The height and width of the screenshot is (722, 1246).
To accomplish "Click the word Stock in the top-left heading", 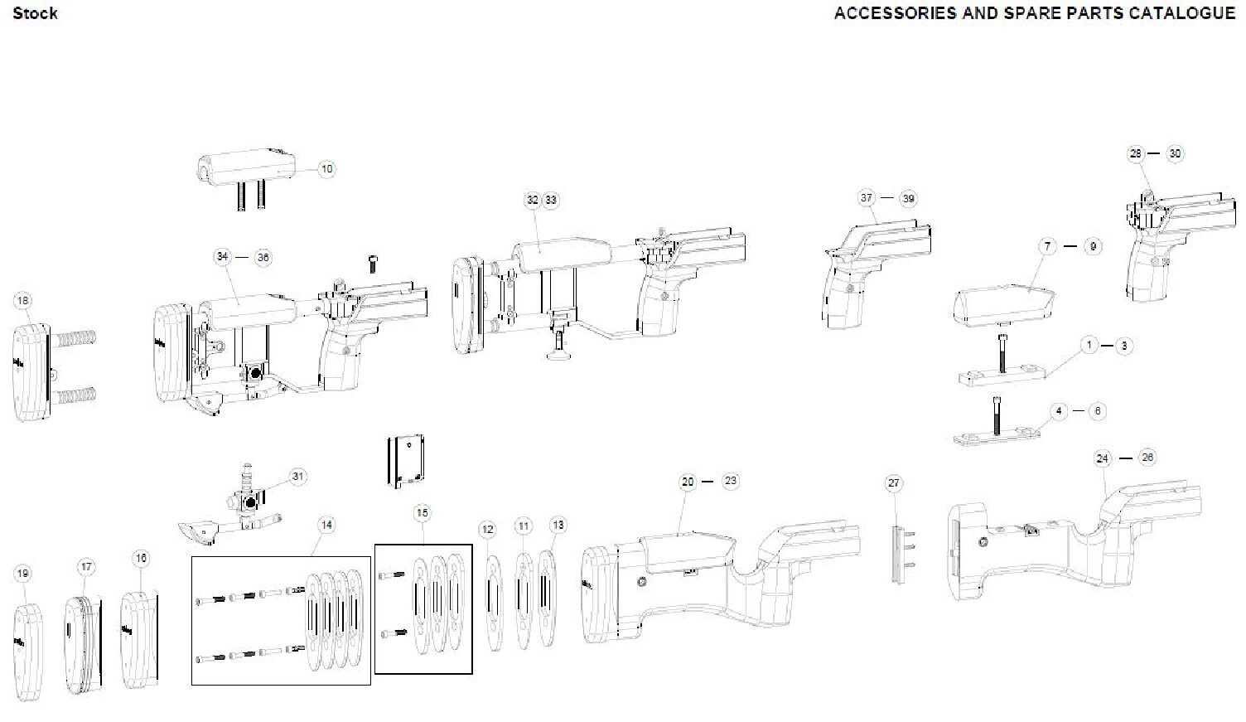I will (36, 13).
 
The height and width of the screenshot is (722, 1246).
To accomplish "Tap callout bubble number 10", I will (326, 169).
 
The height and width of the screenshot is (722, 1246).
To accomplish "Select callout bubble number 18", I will (22, 300).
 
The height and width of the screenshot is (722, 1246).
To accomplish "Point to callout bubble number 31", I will (298, 477).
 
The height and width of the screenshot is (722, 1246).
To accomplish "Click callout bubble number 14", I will (327, 525).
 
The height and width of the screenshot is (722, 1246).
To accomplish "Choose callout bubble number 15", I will (423, 514).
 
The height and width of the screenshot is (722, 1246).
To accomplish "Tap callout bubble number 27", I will (893, 483).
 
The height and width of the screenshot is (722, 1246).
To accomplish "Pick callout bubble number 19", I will (22, 573).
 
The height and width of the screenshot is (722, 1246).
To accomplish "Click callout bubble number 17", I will (86, 568).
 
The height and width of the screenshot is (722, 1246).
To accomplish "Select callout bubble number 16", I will (141, 559).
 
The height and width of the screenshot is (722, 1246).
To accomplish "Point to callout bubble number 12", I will (487, 529).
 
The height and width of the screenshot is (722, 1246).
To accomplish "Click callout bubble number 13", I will (558, 525).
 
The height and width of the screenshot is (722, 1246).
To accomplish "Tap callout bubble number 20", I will (688, 482).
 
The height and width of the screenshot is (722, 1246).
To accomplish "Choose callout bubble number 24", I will (1102, 458).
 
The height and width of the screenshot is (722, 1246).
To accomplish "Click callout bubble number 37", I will (867, 198).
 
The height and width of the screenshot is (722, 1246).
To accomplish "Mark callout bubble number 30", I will (1175, 153).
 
